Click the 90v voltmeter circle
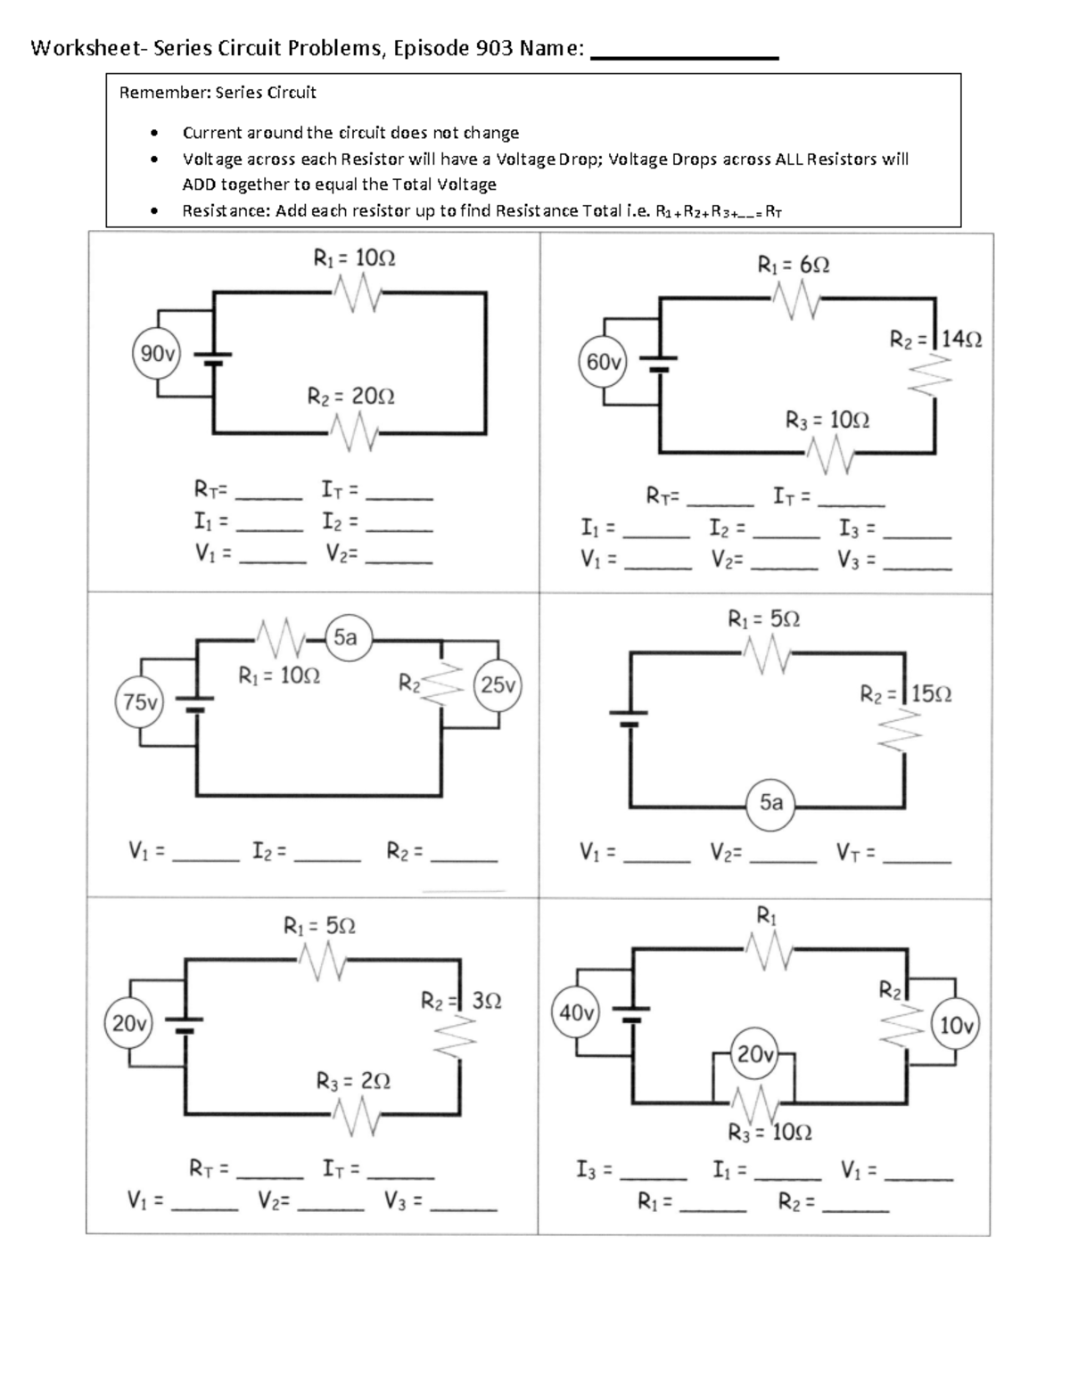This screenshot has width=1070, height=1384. [x=157, y=354]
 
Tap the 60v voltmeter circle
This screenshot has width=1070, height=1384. [x=604, y=363]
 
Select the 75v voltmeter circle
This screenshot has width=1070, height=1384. [x=140, y=702]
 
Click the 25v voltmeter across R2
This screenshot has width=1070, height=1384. [x=498, y=684]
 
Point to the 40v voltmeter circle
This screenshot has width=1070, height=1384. [x=577, y=1013]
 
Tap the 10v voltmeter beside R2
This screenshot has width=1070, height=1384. [x=956, y=1025]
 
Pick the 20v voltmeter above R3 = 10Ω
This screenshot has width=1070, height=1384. [x=754, y=1054]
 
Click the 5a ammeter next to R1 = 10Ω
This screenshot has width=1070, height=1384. [x=345, y=637]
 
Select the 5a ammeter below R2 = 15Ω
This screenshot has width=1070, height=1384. [x=771, y=802]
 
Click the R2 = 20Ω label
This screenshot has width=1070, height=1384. [x=350, y=396]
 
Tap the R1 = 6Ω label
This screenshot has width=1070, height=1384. [x=793, y=265]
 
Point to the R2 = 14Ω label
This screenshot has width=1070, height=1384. [x=936, y=339]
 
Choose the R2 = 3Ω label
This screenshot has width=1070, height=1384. [x=461, y=1001]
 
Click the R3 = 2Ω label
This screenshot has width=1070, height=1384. [x=353, y=1081]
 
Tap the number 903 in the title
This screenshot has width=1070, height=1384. [x=493, y=48]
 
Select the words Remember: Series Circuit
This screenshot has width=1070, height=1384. [x=218, y=92]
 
